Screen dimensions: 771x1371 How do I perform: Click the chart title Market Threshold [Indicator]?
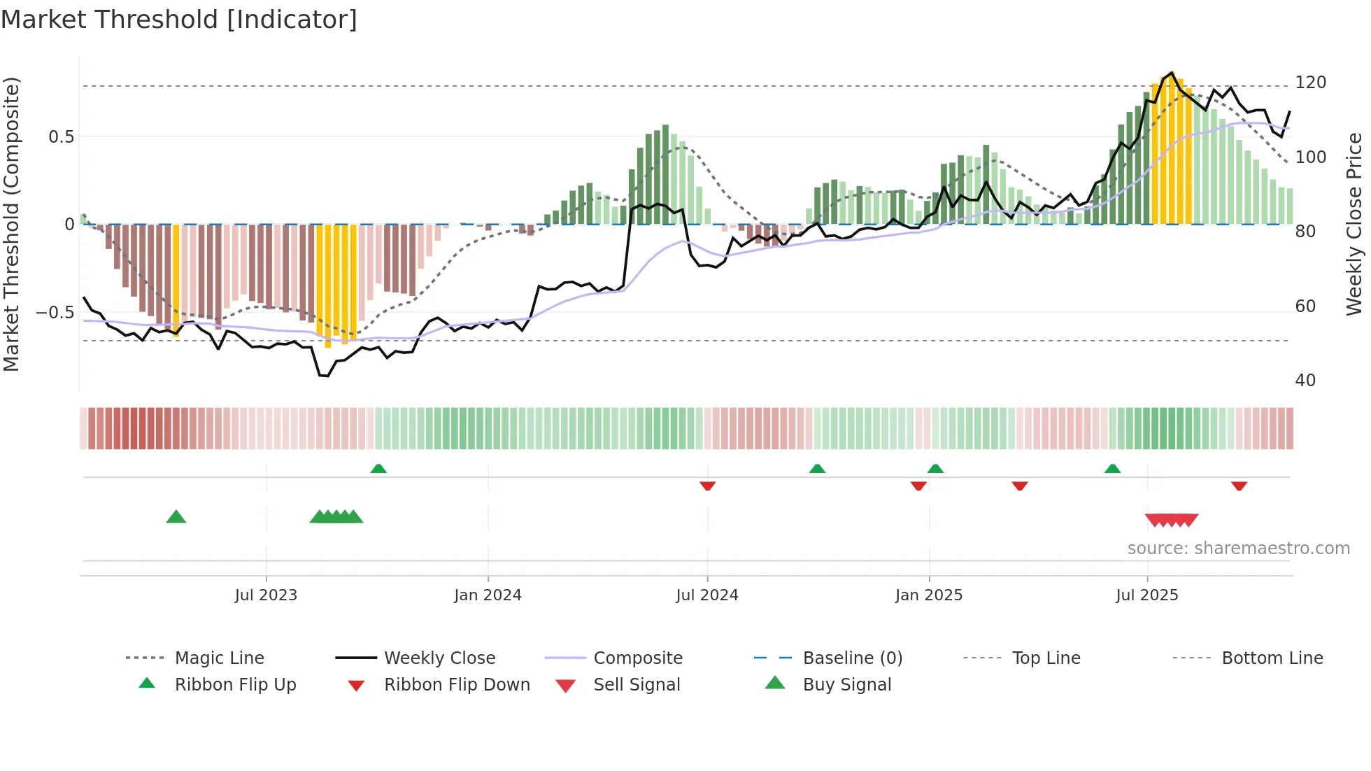tap(179, 20)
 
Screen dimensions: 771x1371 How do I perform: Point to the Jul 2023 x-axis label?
tap(266, 595)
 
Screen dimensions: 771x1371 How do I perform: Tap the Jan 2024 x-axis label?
tap(488, 595)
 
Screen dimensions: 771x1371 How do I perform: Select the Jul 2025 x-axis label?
tap(1147, 595)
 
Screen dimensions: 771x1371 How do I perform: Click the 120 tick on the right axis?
tap(1310, 83)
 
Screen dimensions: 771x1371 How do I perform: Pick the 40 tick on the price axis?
tap(1305, 381)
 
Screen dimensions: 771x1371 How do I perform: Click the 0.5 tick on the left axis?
tap(61, 136)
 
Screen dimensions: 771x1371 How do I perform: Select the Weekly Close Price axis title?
tap(1354, 224)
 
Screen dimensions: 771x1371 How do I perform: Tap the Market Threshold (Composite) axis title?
tap(11, 224)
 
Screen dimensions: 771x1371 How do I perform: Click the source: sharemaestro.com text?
tap(1238, 549)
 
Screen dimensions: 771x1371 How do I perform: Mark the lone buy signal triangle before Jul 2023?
tap(176, 517)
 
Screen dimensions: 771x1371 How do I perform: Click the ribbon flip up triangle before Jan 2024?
tap(378, 468)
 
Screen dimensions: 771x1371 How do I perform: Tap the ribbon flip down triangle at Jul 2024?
tap(707, 486)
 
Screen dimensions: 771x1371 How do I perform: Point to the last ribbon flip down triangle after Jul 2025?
tap(1239, 486)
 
